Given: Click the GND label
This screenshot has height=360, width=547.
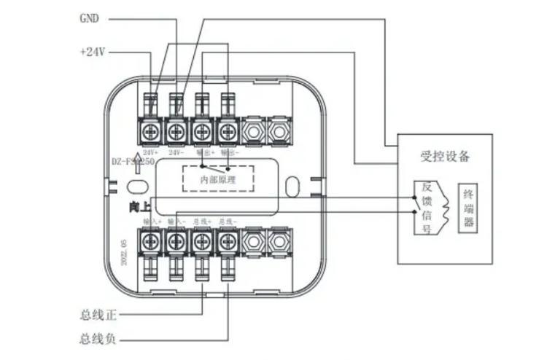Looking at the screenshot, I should pyautogui.click(x=89, y=17).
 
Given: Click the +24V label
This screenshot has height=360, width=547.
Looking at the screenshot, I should pyautogui.click(x=93, y=52).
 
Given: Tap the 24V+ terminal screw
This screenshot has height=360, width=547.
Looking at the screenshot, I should pyautogui.click(x=151, y=132).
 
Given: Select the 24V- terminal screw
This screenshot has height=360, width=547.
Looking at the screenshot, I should pyautogui.click(x=176, y=132).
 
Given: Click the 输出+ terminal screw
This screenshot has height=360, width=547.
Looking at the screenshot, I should pyautogui.click(x=202, y=132).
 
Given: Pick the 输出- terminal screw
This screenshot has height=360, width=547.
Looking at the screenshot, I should pyautogui.click(x=228, y=132).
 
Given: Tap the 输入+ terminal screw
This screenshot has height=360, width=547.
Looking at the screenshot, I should pyautogui.click(x=151, y=240).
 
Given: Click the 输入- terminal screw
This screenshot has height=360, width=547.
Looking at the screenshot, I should pyautogui.click(x=176, y=240).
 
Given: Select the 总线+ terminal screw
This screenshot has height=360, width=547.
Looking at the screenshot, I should pyautogui.click(x=202, y=240).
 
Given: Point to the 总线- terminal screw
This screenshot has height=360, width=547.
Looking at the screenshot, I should pyautogui.click(x=228, y=240).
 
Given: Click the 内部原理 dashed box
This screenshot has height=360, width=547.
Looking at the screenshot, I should pyautogui.click(x=217, y=178).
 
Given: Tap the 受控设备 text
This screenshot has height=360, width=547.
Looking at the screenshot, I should pyautogui.click(x=445, y=156).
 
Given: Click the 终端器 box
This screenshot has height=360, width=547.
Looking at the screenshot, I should pyautogui.click(x=468, y=208).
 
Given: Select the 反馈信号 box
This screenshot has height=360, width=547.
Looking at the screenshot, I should pyautogui.click(x=427, y=208).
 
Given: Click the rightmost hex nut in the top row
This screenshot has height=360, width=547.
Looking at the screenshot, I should pyautogui.click(x=278, y=132).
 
